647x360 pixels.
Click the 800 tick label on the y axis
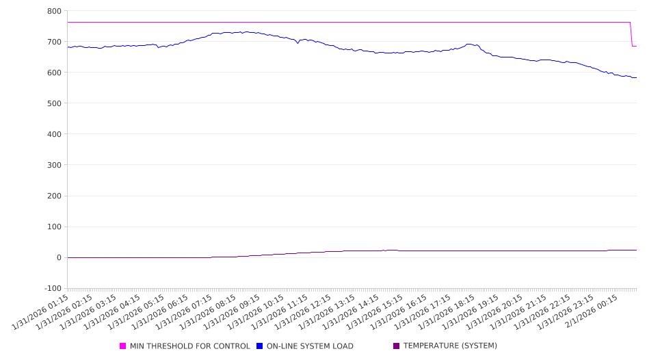click(54, 11)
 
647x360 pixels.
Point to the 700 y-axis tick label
click(54, 42)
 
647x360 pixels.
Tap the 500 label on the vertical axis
click(54, 103)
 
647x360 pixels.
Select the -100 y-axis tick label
click(52, 288)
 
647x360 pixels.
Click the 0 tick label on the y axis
click(58, 257)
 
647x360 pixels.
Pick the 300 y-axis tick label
click(54, 165)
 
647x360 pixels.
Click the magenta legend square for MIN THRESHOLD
click(123, 346)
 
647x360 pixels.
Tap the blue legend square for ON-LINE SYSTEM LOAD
click(260, 346)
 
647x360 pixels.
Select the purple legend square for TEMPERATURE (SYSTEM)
click(397, 346)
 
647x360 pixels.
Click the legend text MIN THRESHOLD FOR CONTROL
click(189, 346)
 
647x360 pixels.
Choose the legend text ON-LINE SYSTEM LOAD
click(310, 346)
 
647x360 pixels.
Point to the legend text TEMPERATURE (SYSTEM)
click(450, 346)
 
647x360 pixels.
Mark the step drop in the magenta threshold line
click(631, 34)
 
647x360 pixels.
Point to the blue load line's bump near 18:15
click(470, 44)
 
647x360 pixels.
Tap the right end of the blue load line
click(636, 77)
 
